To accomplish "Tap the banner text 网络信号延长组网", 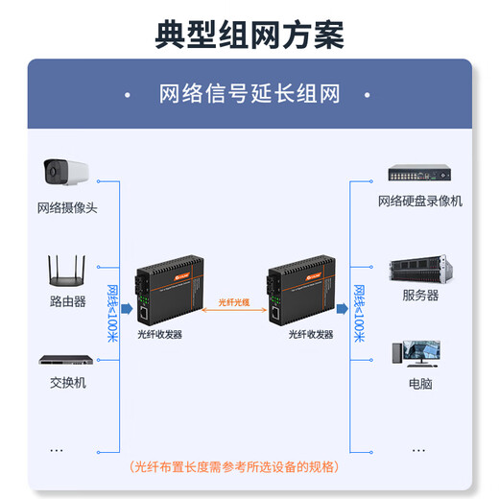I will click(249, 94).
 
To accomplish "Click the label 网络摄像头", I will click(68, 207).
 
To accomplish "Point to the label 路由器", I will click(68, 300).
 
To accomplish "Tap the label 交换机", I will click(68, 382).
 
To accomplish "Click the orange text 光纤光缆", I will click(235, 300).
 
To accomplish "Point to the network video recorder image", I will click(420, 175).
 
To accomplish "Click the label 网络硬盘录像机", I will click(420, 201).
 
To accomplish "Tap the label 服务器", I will click(420, 296).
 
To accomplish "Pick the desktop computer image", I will click(420, 355).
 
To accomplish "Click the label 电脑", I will click(420, 383).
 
